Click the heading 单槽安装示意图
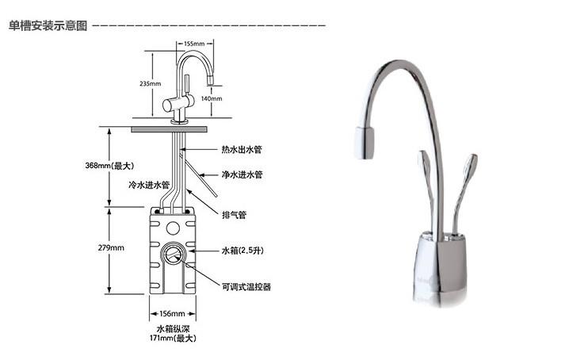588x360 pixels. point(48,25)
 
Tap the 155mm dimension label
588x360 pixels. point(194,44)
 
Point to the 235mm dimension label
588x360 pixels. point(150,83)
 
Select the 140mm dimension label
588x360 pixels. point(212,98)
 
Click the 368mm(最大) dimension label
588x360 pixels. point(109,165)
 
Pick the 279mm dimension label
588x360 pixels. point(111,247)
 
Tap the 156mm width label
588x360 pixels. point(173,313)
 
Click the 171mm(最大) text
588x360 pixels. point(173,339)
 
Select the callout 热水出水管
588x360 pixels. point(242,149)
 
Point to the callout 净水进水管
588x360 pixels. point(242,174)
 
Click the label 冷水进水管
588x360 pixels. point(149,185)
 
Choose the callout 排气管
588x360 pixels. point(234,215)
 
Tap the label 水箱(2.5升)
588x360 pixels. point(242,251)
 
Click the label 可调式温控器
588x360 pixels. point(246,287)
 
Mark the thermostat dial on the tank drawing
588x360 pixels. point(173,254)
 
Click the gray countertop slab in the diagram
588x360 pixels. point(169,129)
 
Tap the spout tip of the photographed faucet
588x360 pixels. point(365,143)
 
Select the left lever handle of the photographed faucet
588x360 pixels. point(427,183)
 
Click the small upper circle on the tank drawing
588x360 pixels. point(173,228)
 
